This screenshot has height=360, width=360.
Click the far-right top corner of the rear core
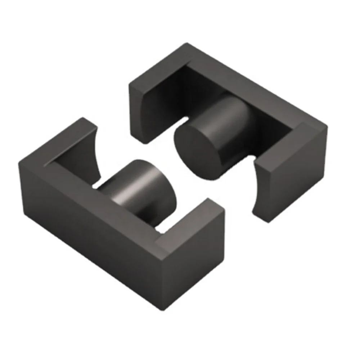pos(327,127)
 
